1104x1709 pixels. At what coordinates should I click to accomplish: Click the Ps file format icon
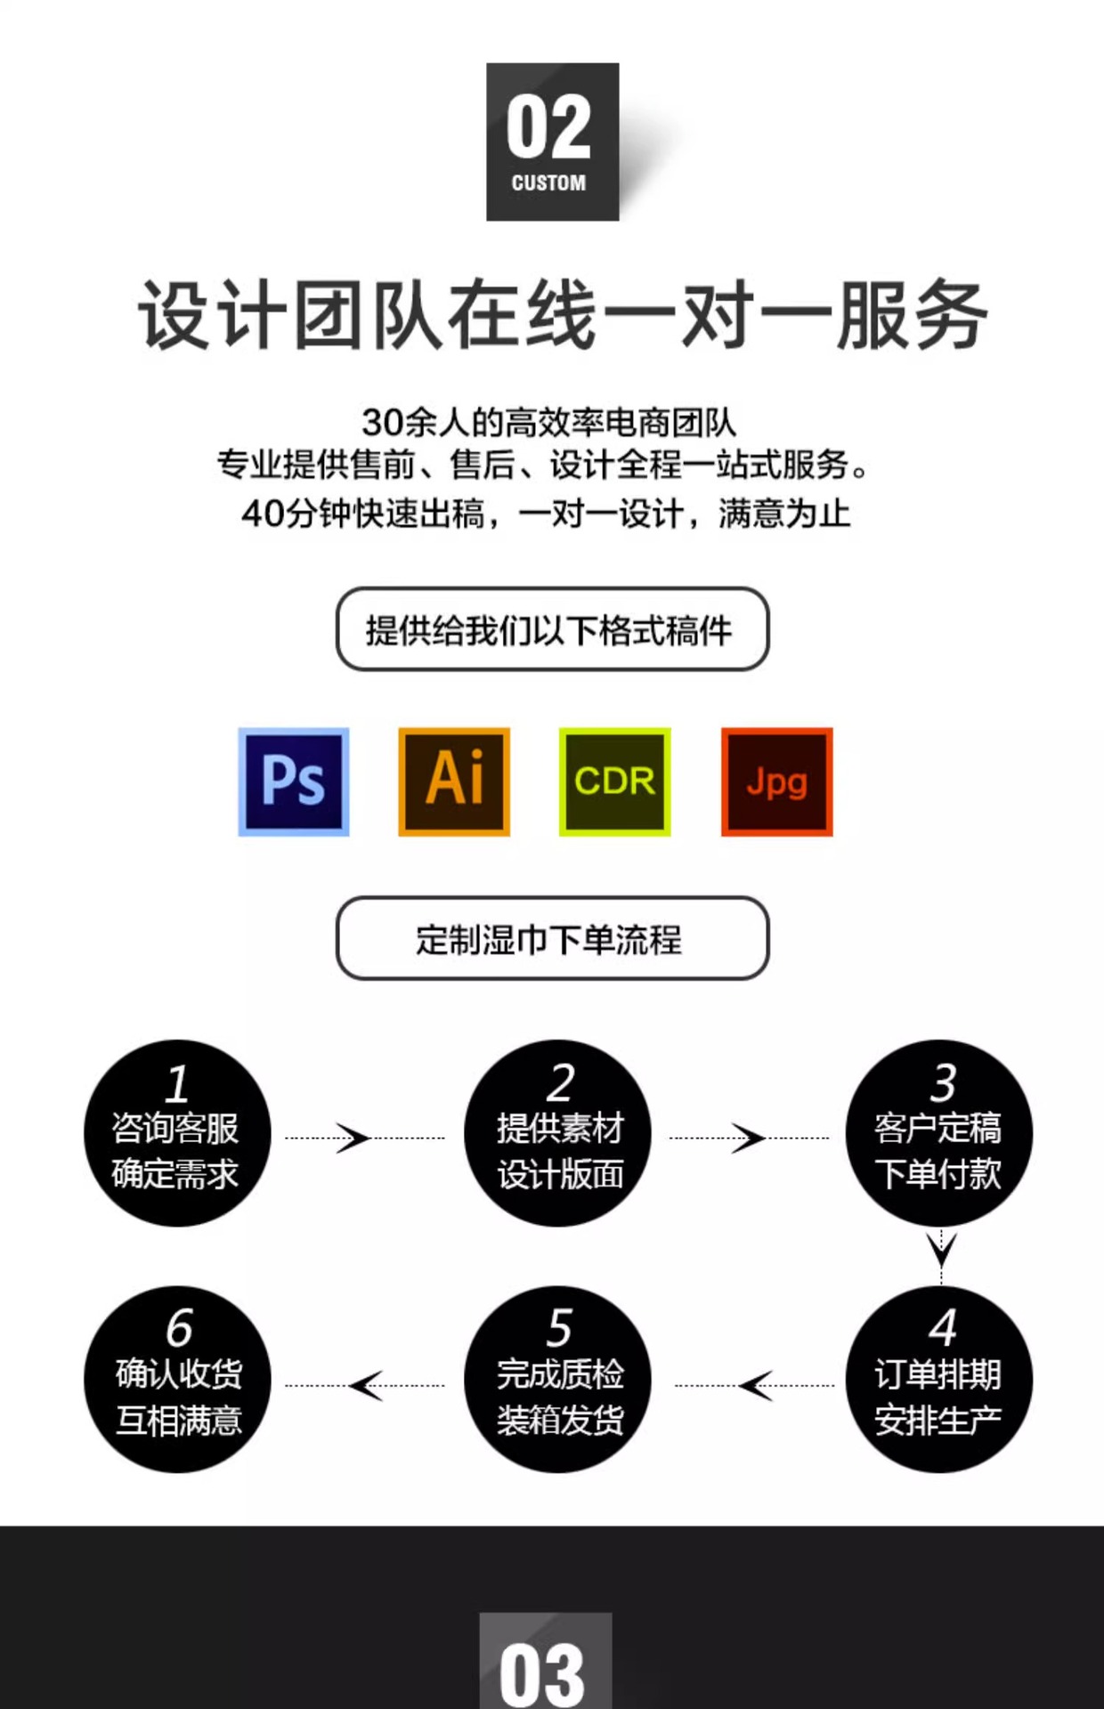(x=294, y=782)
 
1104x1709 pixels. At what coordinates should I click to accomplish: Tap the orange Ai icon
(x=454, y=782)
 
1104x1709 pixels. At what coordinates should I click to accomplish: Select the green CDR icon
(x=614, y=782)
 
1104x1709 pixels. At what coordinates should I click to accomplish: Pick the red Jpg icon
(x=776, y=782)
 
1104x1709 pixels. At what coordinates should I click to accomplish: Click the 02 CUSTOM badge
(x=552, y=142)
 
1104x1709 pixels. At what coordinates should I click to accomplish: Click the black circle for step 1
(x=177, y=1132)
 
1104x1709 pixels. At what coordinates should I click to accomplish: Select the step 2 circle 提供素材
(x=558, y=1132)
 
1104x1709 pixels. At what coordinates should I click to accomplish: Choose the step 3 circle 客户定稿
(x=938, y=1132)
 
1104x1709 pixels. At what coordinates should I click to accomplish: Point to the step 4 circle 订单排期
(x=938, y=1379)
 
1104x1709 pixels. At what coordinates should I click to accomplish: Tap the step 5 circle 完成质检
(x=558, y=1379)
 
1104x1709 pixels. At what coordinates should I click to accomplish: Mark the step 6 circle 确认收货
(x=177, y=1379)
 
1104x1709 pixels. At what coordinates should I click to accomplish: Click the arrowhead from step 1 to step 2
(x=353, y=1138)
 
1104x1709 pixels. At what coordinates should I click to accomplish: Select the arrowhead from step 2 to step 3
(x=748, y=1138)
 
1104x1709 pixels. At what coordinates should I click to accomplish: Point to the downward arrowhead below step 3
(x=941, y=1248)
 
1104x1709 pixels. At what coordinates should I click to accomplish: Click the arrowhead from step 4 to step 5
(x=756, y=1385)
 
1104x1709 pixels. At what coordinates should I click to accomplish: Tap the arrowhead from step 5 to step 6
(x=366, y=1385)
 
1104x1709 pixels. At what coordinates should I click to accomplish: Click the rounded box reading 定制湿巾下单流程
(x=552, y=938)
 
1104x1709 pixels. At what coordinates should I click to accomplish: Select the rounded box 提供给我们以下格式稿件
(x=552, y=629)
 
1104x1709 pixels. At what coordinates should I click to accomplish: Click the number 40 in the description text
(x=263, y=514)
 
